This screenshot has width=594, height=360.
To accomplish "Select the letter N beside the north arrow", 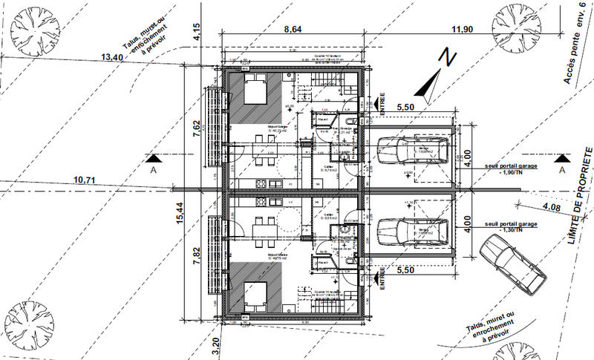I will coord(446,56).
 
